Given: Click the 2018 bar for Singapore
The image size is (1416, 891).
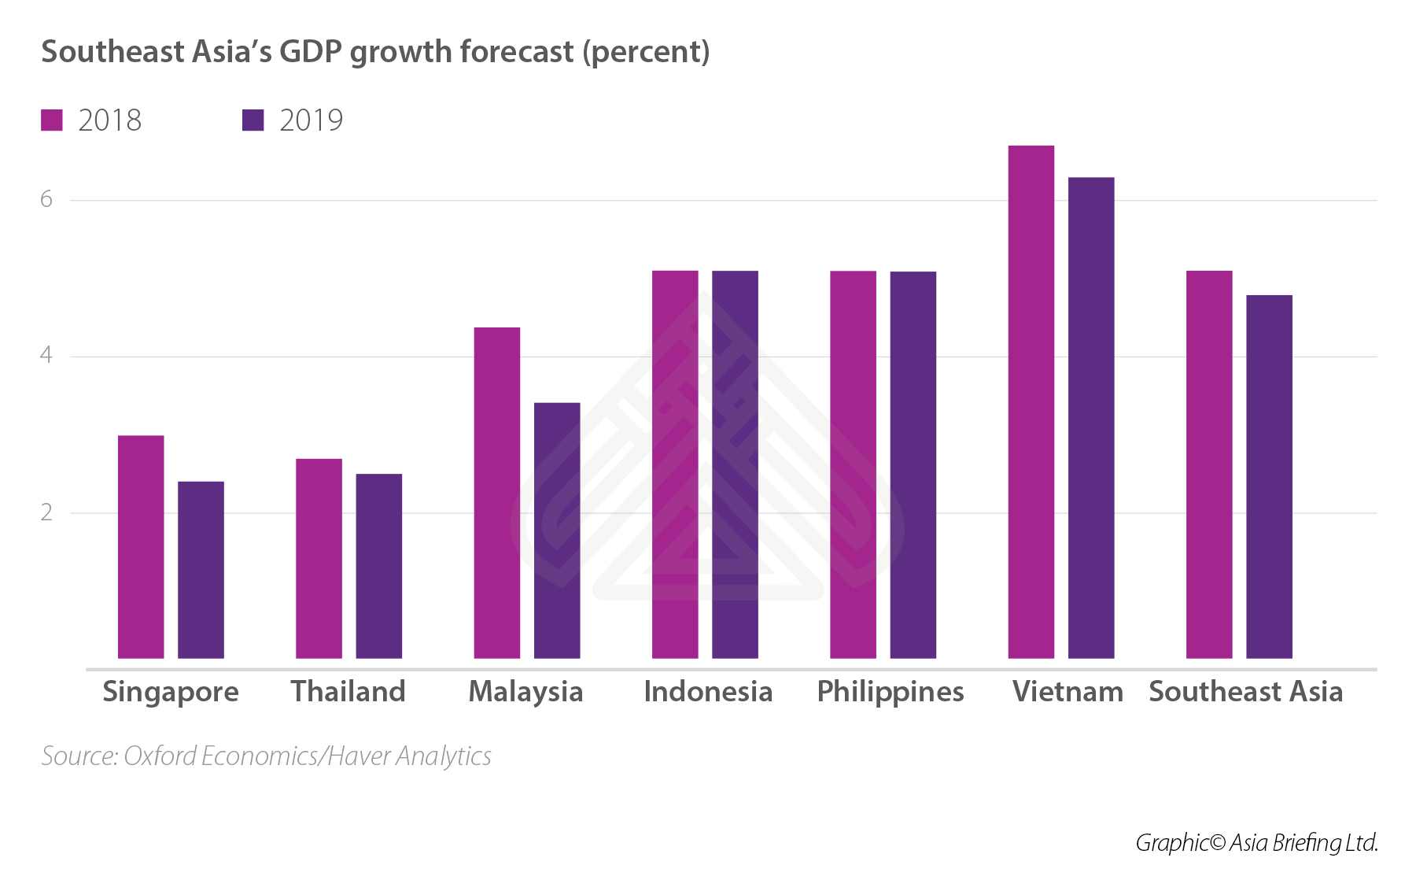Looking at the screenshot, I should (x=141, y=547).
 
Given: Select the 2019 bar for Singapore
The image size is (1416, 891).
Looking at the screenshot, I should (x=201, y=570).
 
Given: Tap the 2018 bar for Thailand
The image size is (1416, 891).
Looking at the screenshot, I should (x=319, y=559).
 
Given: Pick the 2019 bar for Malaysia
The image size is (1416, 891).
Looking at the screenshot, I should (x=557, y=531).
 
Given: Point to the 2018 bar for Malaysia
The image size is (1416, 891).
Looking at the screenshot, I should (x=496, y=493).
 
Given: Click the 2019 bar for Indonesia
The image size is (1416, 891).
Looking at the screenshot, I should (x=735, y=464).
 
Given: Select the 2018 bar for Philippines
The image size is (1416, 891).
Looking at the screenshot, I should (x=853, y=464).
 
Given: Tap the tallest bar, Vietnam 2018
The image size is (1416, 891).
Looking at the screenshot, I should (x=1031, y=401).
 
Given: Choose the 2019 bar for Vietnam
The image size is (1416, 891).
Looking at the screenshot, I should (x=1091, y=417).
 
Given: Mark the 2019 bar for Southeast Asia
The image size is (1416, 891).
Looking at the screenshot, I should (x=1269, y=476).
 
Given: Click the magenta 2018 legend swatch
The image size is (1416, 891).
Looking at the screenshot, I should (x=52, y=120).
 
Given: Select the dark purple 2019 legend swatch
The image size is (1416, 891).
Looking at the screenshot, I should (x=253, y=120).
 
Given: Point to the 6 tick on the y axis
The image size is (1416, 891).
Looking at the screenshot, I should (x=46, y=200).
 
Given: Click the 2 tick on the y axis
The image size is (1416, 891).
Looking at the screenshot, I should (x=46, y=513).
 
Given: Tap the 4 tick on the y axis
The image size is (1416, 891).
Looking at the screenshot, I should (x=46, y=356).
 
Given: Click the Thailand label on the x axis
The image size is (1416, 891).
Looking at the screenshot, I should (x=348, y=692).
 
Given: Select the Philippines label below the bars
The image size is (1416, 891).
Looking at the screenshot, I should (x=890, y=692).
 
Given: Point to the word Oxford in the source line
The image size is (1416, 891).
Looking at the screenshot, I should (x=160, y=756).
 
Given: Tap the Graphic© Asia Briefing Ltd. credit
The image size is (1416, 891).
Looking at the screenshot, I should (x=1256, y=843).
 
